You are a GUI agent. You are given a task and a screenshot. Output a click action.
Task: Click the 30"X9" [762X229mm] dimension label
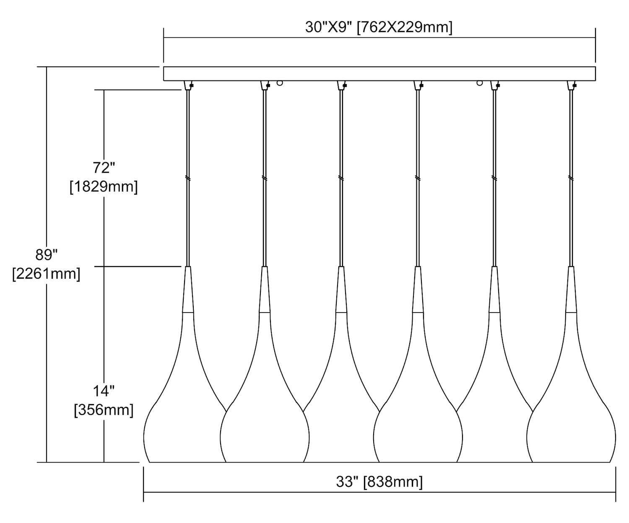point(379,27)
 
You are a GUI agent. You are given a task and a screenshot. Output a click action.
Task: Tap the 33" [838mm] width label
point(379,482)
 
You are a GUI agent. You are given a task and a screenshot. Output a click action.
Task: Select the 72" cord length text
point(104,168)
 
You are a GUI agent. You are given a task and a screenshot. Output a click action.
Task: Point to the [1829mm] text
point(104,186)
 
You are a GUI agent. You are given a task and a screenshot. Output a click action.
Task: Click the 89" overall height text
point(47,255)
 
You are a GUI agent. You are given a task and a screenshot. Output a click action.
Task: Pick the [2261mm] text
point(47,274)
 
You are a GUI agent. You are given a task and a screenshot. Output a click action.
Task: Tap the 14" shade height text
point(104,391)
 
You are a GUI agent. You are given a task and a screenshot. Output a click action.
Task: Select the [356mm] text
point(104,410)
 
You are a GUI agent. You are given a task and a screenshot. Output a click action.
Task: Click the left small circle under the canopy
point(280,83)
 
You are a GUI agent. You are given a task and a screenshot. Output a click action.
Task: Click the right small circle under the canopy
point(480,83)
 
